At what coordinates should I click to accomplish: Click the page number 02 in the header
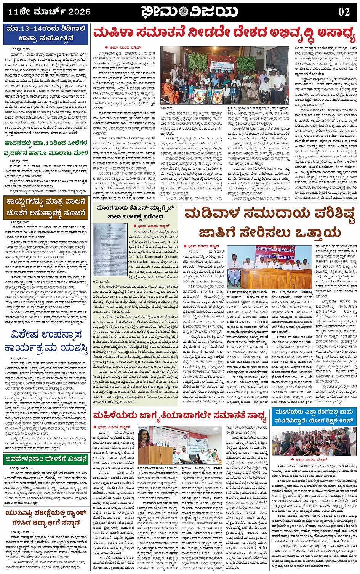click(x=344, y=12)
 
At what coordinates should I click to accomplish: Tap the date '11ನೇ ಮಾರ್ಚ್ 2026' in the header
click(x=50, y=12)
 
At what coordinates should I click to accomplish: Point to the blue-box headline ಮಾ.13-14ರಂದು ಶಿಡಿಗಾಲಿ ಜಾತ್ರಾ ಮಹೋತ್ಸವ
click(x=45, y=34)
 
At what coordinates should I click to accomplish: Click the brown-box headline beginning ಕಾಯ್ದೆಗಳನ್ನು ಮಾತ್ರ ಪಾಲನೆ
click(x=45, y=207)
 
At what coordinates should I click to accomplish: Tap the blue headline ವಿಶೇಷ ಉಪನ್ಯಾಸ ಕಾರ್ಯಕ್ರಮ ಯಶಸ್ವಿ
click(x=45, y=342)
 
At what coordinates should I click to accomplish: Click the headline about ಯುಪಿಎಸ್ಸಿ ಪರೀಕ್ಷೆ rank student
click(x=45, y=518)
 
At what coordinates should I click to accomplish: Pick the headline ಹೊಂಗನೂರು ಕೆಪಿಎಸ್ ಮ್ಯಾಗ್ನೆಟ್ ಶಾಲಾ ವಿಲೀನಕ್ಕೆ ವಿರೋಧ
click(x=136, y=212)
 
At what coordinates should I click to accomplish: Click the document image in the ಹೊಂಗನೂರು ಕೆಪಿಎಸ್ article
click(x=110, y=250)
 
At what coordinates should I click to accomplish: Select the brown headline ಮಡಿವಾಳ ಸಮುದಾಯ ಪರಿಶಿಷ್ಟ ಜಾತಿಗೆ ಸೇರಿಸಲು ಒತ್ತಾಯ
click(x=269, y=223)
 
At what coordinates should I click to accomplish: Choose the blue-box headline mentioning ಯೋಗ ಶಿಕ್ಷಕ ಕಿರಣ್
click(x=314, y=416)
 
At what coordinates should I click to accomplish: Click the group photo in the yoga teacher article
click(x=314, y=442)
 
